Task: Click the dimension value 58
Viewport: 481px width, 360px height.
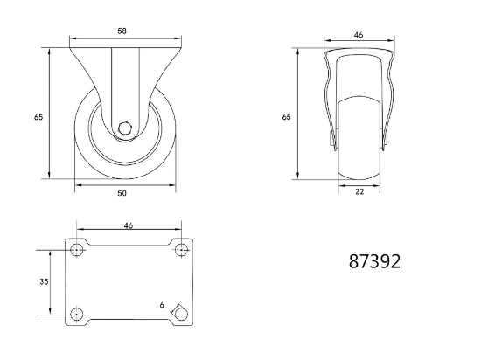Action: tap(122, 31)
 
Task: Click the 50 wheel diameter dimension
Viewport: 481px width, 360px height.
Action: tap(122, 193)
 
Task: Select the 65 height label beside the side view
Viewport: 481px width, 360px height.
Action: tap(38, 117)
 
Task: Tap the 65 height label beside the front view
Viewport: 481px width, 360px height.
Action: tap(287, 117)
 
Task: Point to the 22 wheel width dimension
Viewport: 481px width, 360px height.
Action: tap(359, 191)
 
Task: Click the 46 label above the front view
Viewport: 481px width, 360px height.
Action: tap(359, 35)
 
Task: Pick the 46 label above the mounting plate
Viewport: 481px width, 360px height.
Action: tap(129, 225)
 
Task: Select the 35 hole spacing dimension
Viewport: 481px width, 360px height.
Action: tap(45, 281)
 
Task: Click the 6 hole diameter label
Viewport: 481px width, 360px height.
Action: tap(162, 305)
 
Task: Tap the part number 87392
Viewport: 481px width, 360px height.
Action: tap(374, 261)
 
